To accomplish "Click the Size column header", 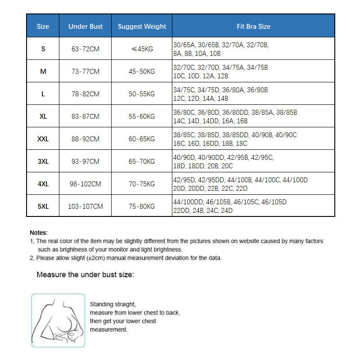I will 43,27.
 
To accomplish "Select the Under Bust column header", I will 85,27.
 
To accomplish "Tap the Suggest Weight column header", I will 142,27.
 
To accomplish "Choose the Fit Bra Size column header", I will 253,27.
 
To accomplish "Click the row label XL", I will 43,117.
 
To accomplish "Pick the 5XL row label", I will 43,207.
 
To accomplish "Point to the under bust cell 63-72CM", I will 85,49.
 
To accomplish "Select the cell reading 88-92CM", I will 85,139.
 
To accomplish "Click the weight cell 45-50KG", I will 142,72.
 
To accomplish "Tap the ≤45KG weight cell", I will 142,49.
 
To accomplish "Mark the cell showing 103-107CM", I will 85,207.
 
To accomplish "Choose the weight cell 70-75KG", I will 142,184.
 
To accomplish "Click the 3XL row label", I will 43,162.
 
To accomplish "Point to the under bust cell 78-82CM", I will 85,94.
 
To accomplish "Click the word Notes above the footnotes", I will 38,233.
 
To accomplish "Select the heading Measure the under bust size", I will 85,274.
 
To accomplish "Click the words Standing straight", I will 112,304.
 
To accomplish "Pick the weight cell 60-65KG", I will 142,139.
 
